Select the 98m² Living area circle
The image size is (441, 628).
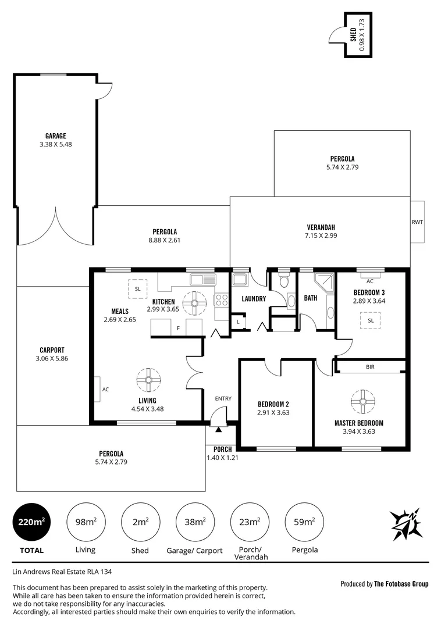pos(86,522)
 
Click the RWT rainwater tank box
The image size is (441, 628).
pos(418,222)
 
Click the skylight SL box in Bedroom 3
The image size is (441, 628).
pos(370,320)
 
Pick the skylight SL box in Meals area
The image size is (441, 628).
pos(138,289)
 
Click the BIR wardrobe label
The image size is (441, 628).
pos(370,367)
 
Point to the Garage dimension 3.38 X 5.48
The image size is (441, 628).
pos(56,144)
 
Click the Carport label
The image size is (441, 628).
pos(52,350)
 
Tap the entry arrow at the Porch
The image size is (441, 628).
pos(219,429)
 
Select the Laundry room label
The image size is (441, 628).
pos(254,299)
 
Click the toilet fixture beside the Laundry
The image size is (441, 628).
pos(283,282)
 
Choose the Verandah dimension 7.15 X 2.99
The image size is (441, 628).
pos(321,235)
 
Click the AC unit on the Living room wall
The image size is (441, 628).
pos(97,389)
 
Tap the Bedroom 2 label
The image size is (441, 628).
pos(273,404)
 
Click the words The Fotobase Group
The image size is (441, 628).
pos(401,584)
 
